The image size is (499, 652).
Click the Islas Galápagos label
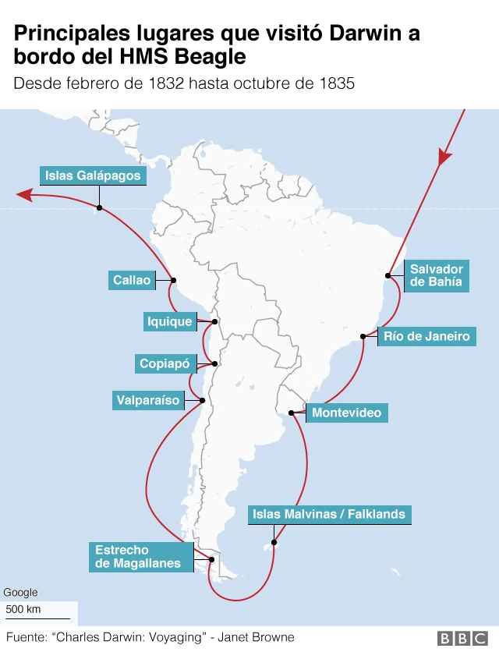(x=93, y=175)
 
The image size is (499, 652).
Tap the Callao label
(x=131, y=280)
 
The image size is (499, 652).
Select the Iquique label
(x=169, y=321)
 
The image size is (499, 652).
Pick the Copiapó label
(x=165, y=363)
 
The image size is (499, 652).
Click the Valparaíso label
(x=148, y=401)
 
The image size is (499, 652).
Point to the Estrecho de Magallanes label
(x=138, y=557)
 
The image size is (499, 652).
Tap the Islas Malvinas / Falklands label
(x=329, y=514)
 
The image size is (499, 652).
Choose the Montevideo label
(x=347, y=413)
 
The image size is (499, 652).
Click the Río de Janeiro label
(x=426, y=336)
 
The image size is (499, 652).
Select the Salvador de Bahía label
(x=437, y=276)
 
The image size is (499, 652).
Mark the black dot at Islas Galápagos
(x=99, y=207)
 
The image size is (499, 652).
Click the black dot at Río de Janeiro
(x=363, y=336)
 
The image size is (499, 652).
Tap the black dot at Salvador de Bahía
(x=388, y=275)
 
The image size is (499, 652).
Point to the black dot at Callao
(x=173, y=281)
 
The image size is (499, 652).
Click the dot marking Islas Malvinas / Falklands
(x=274, y=542)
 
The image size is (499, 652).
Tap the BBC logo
(x=463, y=638)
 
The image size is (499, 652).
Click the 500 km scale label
(x=23, y=609)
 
